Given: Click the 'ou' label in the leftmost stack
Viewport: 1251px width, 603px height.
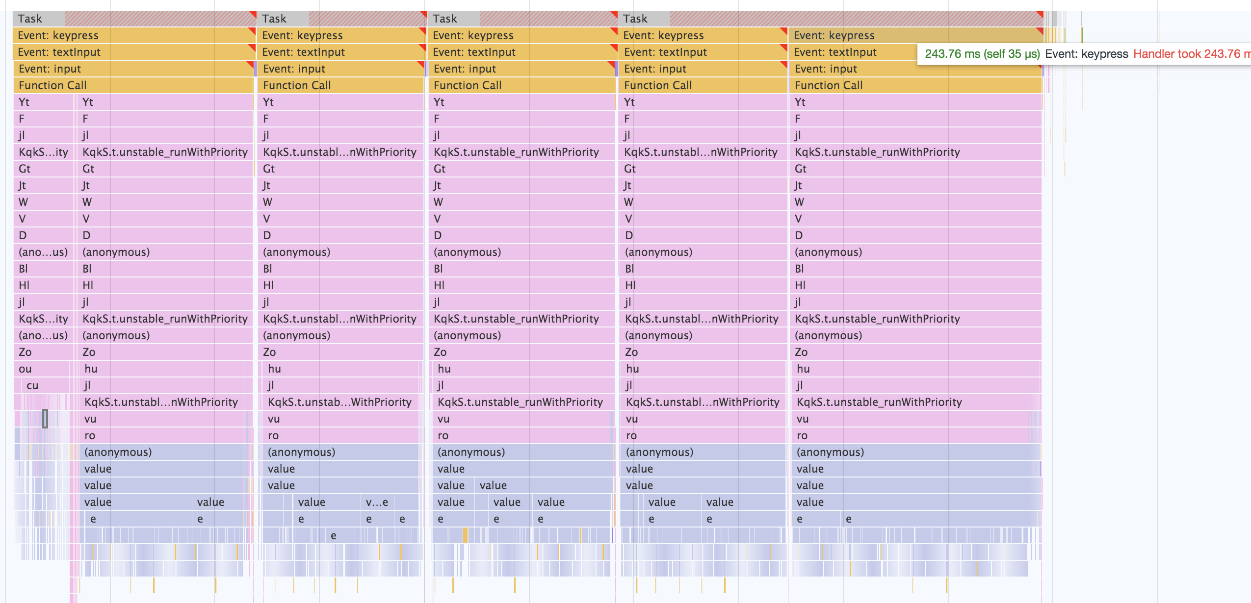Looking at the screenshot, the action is pos(25,369).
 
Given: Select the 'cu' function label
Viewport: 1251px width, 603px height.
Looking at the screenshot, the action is pos(32,385).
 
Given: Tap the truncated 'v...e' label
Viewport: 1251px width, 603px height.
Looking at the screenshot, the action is pos(377,502).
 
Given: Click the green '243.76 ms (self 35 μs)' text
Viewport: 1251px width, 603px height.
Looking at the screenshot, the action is pos(982,54).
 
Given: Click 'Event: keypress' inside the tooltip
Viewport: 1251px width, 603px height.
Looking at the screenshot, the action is pos(1087,54).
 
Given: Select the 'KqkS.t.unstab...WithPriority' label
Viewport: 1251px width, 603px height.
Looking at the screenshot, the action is pos(339,402).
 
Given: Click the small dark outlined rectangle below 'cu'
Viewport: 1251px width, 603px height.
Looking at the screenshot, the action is pos(45,419).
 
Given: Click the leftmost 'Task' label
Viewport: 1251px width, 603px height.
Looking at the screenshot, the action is pos(30,19).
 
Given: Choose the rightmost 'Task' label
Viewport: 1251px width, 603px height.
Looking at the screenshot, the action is pos(635,19).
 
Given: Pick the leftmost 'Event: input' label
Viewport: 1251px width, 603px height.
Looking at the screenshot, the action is pos(50,69).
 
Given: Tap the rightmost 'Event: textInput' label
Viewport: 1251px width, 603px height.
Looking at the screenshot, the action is pos(835,52).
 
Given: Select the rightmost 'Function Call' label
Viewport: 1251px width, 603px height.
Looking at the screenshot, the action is pos(829,85).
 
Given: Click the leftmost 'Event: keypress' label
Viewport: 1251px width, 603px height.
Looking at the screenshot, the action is pos(58,35).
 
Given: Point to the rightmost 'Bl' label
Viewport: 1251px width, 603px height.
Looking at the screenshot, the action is pos(799,269).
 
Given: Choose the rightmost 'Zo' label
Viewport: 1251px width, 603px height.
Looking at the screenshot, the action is pos(801,352).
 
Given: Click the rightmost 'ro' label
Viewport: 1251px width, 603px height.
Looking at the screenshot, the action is pos(802,435).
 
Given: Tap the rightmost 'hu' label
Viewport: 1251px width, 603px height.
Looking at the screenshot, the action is pos(803,369).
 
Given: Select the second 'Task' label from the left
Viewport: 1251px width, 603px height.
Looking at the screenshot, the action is pos(274,19).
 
